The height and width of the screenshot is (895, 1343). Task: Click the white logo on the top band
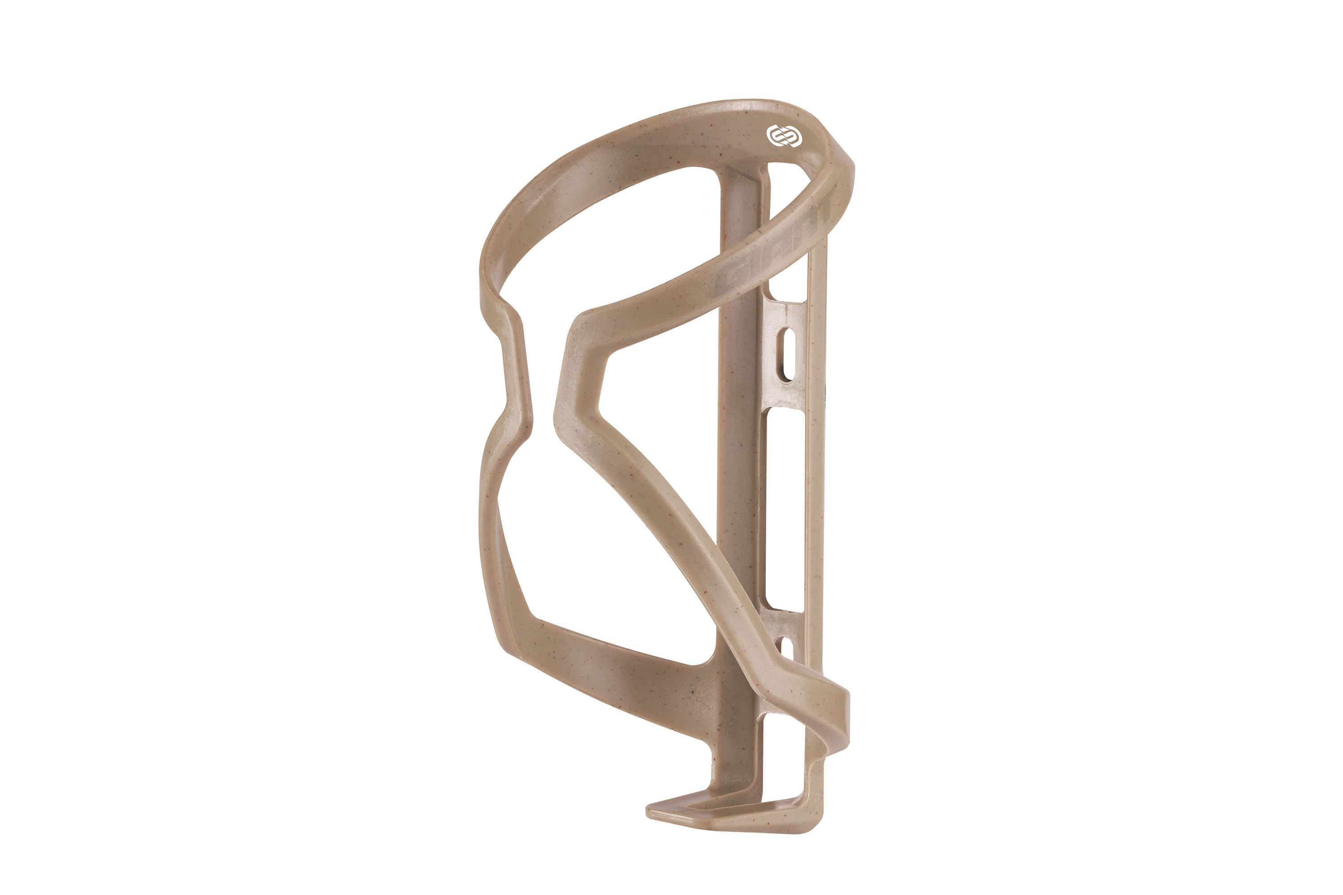click(784, 136)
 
